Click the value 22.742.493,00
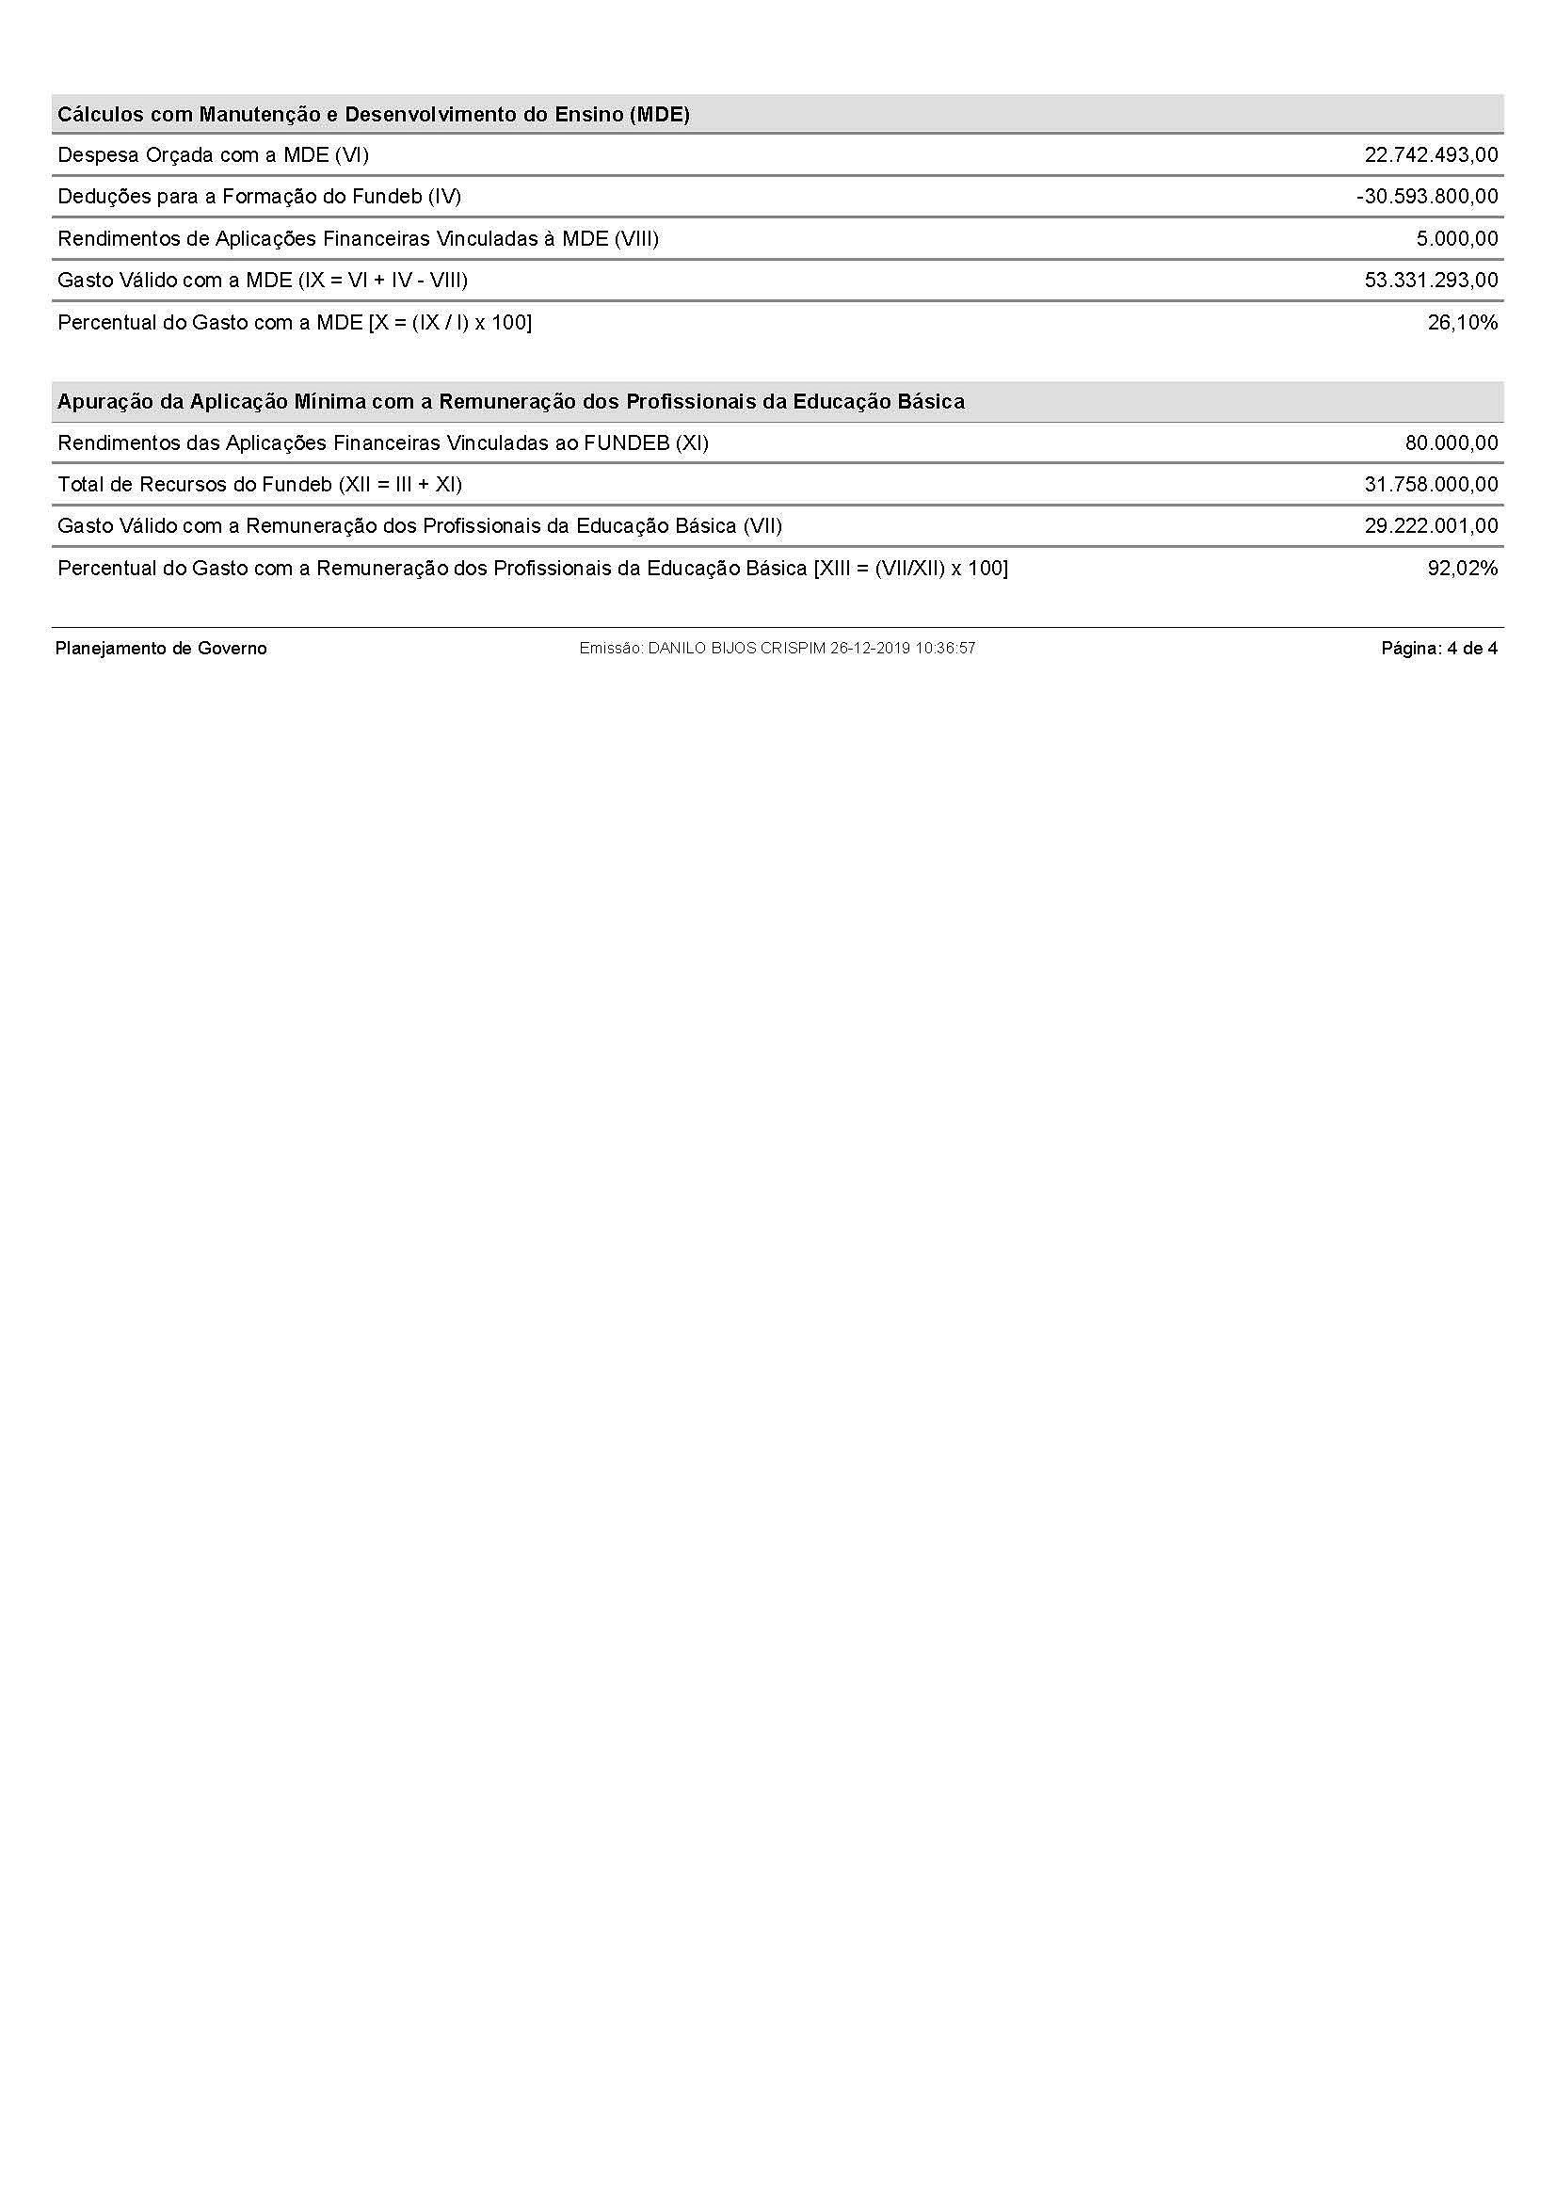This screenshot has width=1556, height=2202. coord(1431,155)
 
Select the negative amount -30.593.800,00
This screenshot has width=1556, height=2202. coord(1427,197)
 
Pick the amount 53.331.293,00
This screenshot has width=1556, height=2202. coord(1431,280)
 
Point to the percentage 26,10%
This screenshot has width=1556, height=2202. coord(1462,322)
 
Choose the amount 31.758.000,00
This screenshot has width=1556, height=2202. coord(1431,484)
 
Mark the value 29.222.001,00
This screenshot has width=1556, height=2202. coord(1431,526)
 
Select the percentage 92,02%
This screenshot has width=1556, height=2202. coord(1462,569)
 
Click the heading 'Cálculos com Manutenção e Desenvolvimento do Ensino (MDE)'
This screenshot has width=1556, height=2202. coord(374,115)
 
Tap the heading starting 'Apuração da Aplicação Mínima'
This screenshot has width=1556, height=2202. coord(511,402)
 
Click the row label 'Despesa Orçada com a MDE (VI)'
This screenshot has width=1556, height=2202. coord(213,155)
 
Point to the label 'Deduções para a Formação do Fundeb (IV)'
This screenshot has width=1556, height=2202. coord(259,197)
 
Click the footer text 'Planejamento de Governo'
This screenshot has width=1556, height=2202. coord(161,649)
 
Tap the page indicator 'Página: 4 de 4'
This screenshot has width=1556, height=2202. coord(1438,649)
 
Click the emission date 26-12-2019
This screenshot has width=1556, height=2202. coord(870,649)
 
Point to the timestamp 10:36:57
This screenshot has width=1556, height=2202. coord(945,649)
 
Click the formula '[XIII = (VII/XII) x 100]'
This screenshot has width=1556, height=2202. coord(911,569)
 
